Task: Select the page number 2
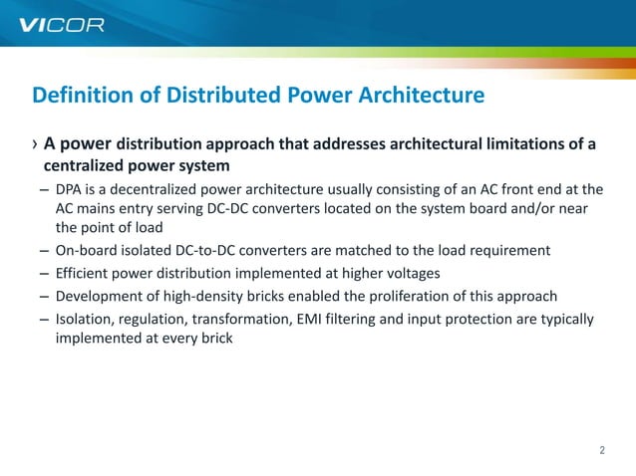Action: click(x=602, y=450)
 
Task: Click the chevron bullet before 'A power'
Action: click(x=35, y=145)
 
